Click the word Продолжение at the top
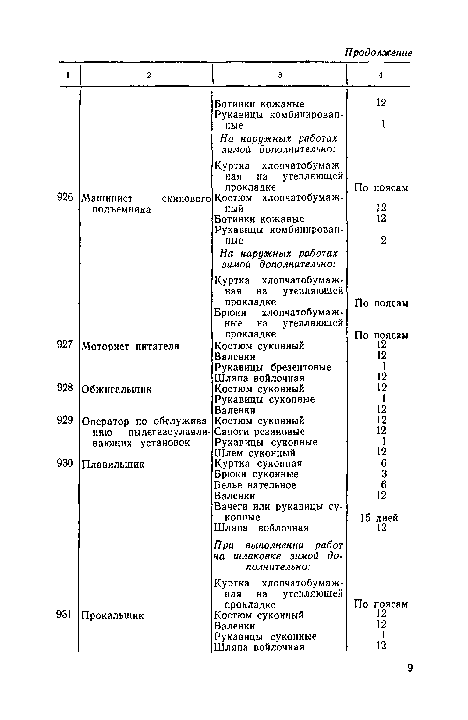(x=378, y=53)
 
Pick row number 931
(x=64, y=615)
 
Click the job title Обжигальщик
(x=116, y=389)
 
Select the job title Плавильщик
(x=113, y=465)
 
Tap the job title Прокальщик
(x=113, y=615)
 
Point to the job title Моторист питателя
(x=131, y=346)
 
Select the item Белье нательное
(x=255, y=485)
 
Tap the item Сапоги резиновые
(x=260, y=432)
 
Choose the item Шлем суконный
(x=255, y=453)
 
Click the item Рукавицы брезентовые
(x=273, y=367)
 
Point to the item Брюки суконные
(x=257, y=474)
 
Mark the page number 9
(x=410, y=668)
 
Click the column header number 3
(x=280, y=75)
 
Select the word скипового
(x=186, y=199)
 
